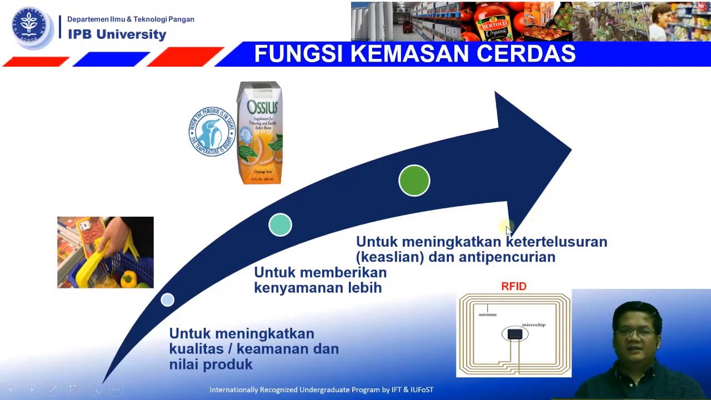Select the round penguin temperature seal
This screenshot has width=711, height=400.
(212, 132)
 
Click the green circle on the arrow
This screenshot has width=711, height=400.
(414, 181)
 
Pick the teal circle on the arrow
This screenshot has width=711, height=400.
(280, 225)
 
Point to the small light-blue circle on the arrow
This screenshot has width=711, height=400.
(167, 300)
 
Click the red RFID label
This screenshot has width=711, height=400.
(513, 287)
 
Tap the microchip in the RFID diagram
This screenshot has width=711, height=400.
(515, 334)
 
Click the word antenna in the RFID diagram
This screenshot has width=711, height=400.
(487, 314)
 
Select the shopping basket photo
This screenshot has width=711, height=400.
(106, 252)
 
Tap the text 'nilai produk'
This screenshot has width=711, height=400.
(211, 365)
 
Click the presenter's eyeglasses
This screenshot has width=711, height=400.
(635, 332)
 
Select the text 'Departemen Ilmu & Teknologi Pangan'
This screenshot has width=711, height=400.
(131, 19)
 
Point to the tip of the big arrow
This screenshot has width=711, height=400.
(570, 149)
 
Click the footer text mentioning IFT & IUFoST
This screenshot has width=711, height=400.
(321, 390)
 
